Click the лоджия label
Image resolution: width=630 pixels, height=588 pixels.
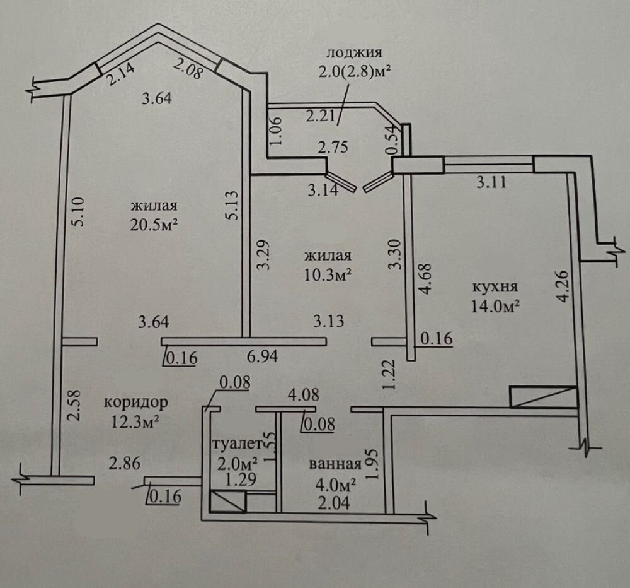click(x=354, y=52)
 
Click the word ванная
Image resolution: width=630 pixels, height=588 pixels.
click(x=335, y=465)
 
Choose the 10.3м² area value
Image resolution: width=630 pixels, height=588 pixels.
click(x=327, y=275)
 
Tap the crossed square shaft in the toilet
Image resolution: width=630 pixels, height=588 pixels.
click(x=227, y=502)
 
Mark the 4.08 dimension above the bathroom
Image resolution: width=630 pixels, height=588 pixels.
click(x=303, y=396)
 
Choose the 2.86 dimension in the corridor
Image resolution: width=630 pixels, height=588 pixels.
click(x=123, y=464)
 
